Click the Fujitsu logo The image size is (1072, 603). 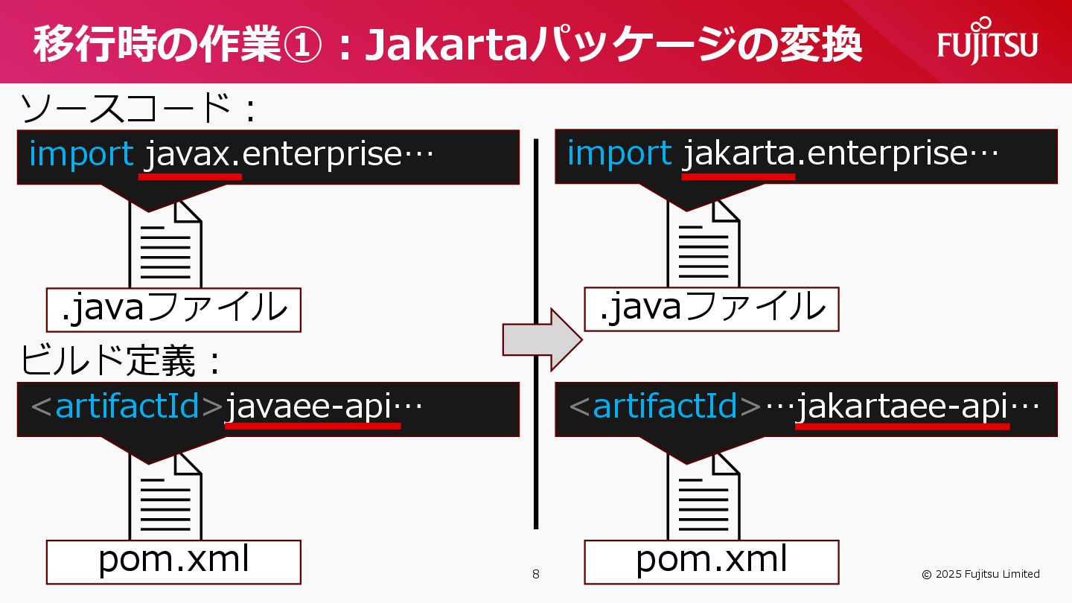(987, 44)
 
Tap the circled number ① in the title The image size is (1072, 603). (303, 45)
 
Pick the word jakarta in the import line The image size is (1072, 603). (738, 154)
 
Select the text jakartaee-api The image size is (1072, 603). (902, 406)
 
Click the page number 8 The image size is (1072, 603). (535, 574)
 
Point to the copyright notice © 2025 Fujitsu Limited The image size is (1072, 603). (980, 574)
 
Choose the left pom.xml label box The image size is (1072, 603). (173, 561)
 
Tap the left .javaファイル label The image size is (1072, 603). (173, 309)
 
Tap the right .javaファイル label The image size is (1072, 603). (711, 308)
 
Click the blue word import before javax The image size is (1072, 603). (81, 154)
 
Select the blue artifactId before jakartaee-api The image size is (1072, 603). (665, 406)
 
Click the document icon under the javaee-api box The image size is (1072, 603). (165, 495)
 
